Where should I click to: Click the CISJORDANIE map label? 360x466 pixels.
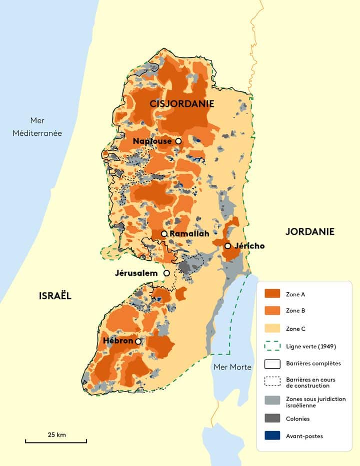pyautogui.click(x=181, y=104)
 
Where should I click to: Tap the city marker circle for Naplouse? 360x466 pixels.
pyautogui.click(x=178, y=141)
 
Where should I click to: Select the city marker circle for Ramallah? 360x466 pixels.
pyautogui.click(x=164, y=234)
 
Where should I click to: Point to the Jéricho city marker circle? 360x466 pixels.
pyautogui.click(x=227, y=246)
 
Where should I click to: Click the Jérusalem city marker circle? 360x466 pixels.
pyautogui.click(x=167, y=273)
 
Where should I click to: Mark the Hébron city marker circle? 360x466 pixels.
pyautogui.click(x=138, y=341)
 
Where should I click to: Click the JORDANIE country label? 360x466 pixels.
pyautogui.click(x=309, y=231)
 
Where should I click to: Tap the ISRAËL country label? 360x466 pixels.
pyautogui.click(x=55, y=296)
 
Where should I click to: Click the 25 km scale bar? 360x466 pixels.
pyautogui.click(x=56, y=442)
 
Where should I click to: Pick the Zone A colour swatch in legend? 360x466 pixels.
pyautogui.click(x=272, y=294)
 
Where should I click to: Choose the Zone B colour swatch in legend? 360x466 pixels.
pyautogui.click(x=272, y=311)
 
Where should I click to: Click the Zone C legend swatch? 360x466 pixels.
pyautogui.click(x=272, y=329)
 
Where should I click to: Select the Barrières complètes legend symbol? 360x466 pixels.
pyautogui.click(x=272, y=364)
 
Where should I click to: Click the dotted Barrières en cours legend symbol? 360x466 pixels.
pyautogui.click(x=272, y=382)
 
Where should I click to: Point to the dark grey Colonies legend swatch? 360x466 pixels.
pyautogui.click(x=272, y=419)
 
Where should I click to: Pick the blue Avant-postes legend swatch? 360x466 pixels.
pyautogui.click(x=272, y=436)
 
